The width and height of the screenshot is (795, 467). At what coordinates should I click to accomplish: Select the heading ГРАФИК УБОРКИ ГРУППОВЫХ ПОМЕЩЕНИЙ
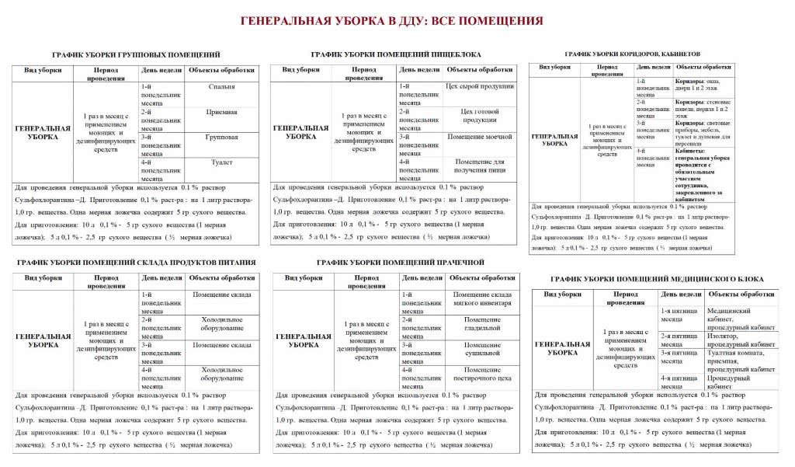click(x=136, y=54)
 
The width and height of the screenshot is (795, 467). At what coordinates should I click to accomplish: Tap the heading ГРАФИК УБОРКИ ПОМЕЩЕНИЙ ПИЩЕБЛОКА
click(x=396, y=54)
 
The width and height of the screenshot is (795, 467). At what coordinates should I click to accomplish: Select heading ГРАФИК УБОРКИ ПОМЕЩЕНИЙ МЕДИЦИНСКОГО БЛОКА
click(x=657, y=278)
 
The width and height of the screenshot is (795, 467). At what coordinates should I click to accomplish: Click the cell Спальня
click(x=222, y=86)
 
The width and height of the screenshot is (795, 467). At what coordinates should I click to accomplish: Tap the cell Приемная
click(x=222, y=112)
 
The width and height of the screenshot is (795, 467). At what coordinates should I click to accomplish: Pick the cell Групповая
click(x=222, y=137)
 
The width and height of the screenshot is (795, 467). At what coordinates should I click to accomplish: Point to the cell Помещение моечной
click(x=480, y=137)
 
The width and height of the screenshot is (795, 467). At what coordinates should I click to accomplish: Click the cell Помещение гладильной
click(x=482, y=325)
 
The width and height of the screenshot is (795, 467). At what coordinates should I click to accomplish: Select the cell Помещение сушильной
click(x=482, y=349)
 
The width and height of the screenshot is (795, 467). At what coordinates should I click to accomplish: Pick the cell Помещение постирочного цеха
click(x=482, y=375)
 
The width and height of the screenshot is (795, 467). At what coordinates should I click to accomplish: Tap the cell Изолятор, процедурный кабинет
click(x=741, y=340)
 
